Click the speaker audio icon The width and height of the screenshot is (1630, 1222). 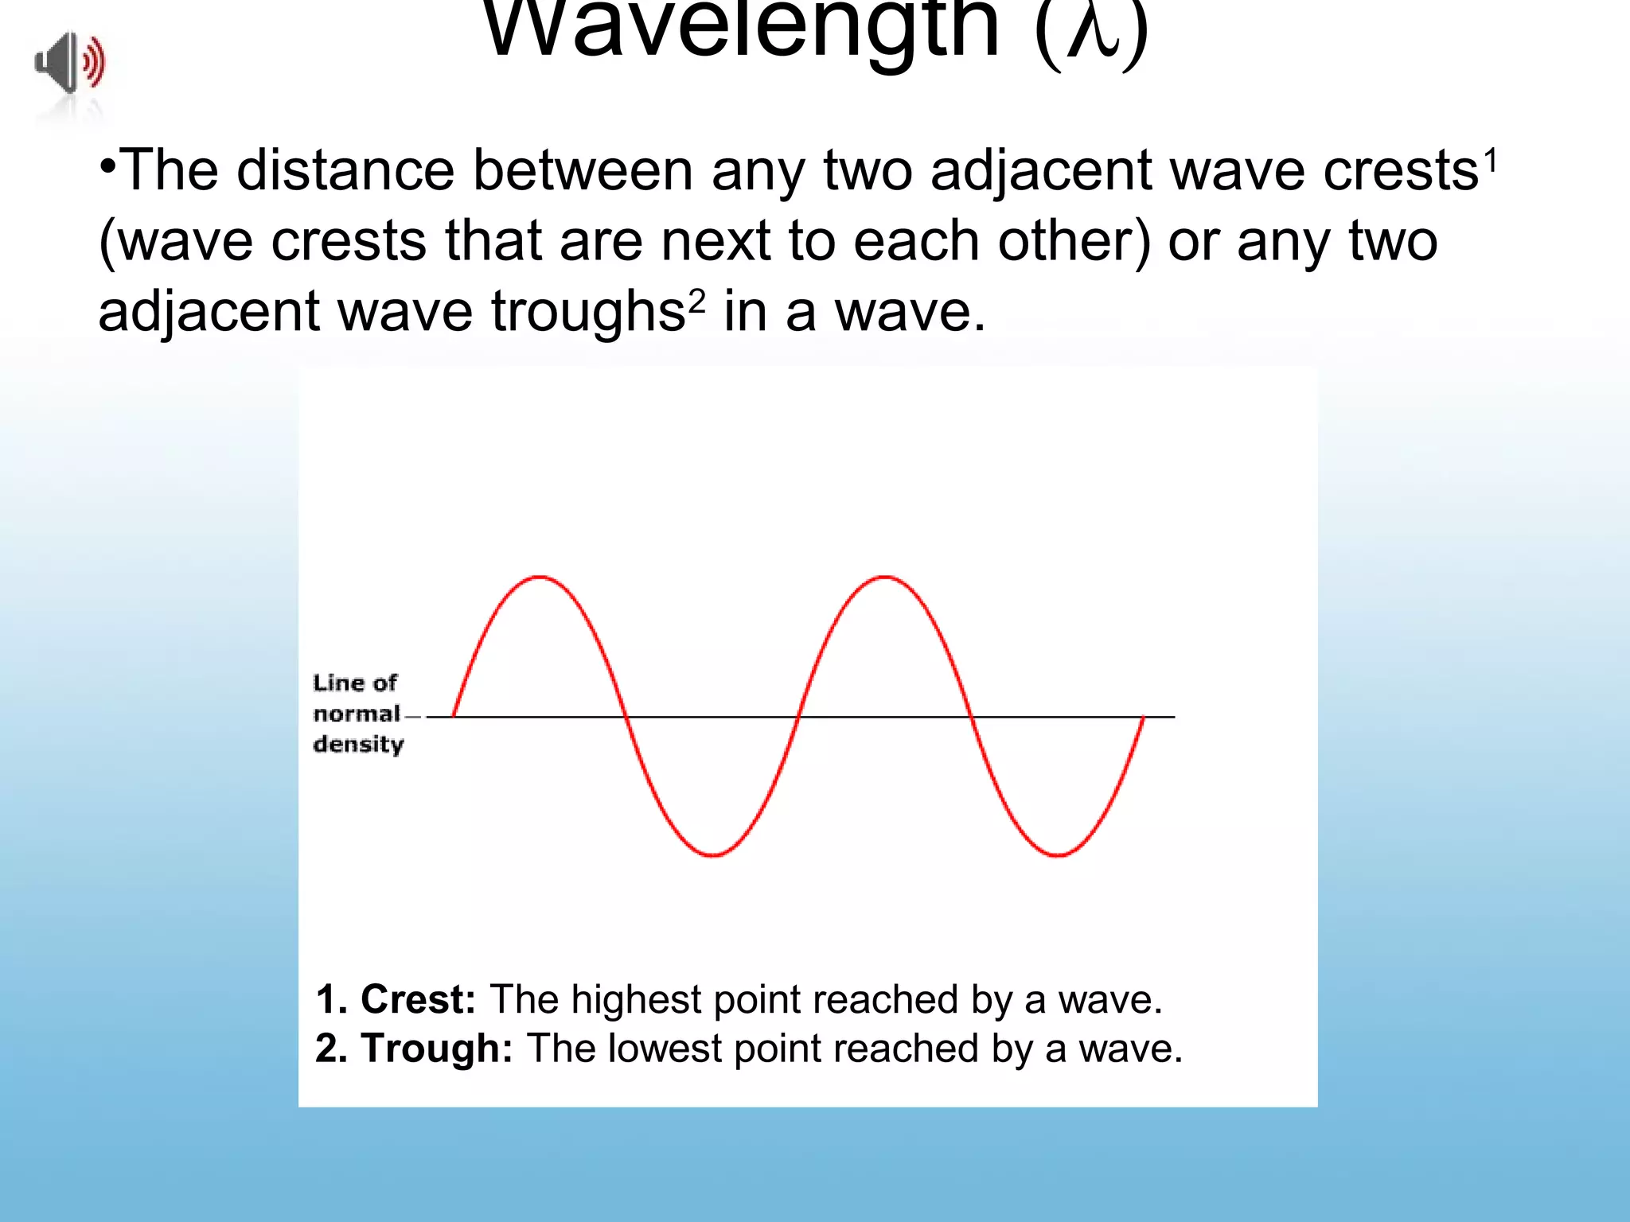pyautogui.click(x=70, y=63)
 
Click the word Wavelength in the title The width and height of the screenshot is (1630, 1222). pyautogui.click(x=740, y=30)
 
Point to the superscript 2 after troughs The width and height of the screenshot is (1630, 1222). pyautogui.click(x=696, y=301)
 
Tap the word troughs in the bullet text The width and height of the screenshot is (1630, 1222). pyautogui.click(x=587, y=312)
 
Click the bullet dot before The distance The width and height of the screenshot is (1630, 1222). pyautogui.click(x=108, y=166)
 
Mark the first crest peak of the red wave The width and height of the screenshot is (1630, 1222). pyautogui.click(x=540, y=577)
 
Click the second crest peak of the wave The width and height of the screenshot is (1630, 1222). pyautogui.click(x=885, y=577)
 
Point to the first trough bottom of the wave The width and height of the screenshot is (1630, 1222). pyautogui.click(x=713, y=855)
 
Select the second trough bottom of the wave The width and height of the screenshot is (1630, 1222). pyautogui.click(x=1058, y=855)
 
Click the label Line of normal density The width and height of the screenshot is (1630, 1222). pyautogui.click(x=357, y=714)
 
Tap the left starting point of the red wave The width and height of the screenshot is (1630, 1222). pyautogui.click(x=454, y=716)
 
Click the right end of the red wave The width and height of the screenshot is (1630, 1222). pyautogui.click(x=1144, y=717)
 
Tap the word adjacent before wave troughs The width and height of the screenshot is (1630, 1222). pyautogui.click(x=209, y=312)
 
